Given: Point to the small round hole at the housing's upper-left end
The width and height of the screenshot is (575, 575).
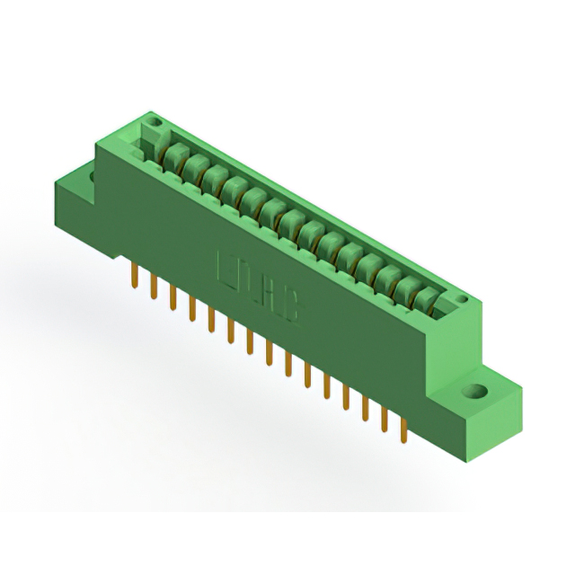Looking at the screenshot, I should pyautogui.click(x=154, y=120).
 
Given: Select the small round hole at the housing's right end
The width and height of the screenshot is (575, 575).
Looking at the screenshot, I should pyautogui.click(x=462, y=299).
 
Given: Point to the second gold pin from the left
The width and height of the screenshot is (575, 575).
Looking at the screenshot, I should pyautogui.click(x=154, y=287).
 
